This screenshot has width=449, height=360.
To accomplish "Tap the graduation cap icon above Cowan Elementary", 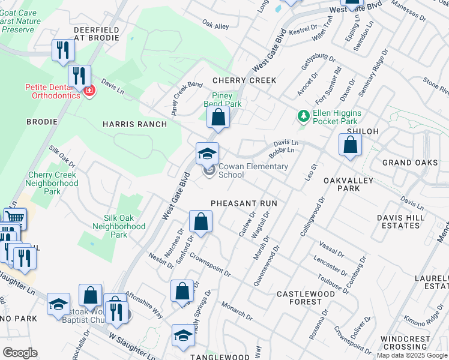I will (x=207, y=154).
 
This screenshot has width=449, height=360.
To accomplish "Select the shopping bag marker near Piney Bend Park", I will (x=218, y=117).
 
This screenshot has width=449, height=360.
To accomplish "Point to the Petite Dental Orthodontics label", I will (x=52, y=91).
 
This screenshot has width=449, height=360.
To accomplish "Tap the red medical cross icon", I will (x=89, y=91).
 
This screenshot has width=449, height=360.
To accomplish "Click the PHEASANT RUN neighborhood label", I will (x=244, y=203).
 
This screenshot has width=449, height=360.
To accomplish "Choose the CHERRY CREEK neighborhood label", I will (x=244, y=80).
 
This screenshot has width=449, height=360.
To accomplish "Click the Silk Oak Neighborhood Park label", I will (x=119, y=226).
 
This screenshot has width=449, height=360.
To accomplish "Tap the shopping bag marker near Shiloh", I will (x=350, y=145).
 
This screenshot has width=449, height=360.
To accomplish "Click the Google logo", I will (x=19, y=352).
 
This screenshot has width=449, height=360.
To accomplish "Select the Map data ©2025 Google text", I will (x=412, y=355).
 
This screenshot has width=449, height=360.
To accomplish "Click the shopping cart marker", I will (x=14, y=218).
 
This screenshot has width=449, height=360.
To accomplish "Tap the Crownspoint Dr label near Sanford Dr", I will (x=210, y=263).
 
